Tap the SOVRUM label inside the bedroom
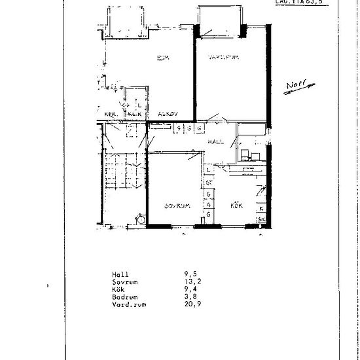coord(177,206)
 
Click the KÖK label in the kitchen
coord(237,206)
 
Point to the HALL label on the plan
coord(216,141)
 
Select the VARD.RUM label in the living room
coord(223,58)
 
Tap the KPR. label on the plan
coord(111,114)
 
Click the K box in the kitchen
coord(261,207)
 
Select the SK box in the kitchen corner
coord(261,219)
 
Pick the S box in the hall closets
coord(177,128)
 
